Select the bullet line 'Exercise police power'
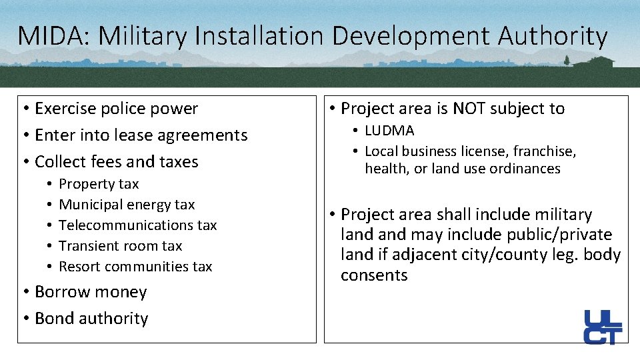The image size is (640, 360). pyautogui.click(x=116, y=109)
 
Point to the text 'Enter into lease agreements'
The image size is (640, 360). pyautogui.click(x=141, y=135)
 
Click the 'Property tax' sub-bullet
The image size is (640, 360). pyautogui.click(x=99, y=184)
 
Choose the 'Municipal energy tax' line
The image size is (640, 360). pyautogui.click(x=127, y=205)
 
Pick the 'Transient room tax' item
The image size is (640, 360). pyautogui.click(x=120, y=246)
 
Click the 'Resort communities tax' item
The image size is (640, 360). pyautogui.click(x=135, y=267)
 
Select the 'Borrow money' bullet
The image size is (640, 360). pyautogui.click(x=91, y=292)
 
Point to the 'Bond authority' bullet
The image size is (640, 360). pyautogui.click(x=91, y=319)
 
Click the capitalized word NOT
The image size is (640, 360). pyautogui.click(x=470, y=109)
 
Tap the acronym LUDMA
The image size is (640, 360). pyautogui.click(x=389, y=131)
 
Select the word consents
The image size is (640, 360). pyautogui.click(x=374, y=275)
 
